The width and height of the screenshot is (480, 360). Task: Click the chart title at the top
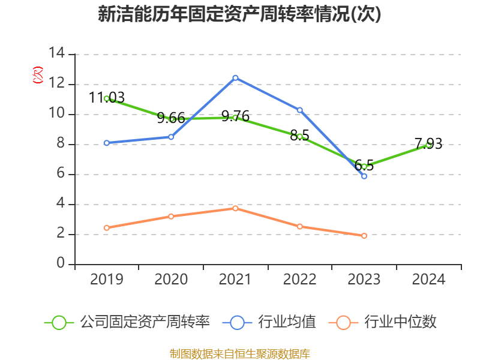coord(239,14)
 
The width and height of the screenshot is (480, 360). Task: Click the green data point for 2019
coord(106,98)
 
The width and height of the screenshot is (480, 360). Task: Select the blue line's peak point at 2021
coord(235,77)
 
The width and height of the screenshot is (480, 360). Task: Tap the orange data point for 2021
coord(235,208)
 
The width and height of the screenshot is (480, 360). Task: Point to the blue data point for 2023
coord(364,176)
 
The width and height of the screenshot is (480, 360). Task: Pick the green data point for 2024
coord(428,145)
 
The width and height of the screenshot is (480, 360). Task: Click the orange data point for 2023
coord(364,236)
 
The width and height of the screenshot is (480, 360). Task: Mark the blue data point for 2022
coord(299,110)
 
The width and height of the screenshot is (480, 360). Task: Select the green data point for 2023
coord(364,166)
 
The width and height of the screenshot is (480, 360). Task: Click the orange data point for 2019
coord(106,228)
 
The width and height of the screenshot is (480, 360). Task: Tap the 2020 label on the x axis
coord(171,280)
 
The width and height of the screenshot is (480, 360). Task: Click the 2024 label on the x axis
coord(428,280)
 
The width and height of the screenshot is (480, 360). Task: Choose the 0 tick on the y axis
coord(61,264)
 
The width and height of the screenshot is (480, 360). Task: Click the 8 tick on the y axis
coord(61,144)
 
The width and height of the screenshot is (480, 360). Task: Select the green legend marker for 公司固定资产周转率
coord(59,322)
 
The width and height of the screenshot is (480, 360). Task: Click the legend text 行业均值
coord(287,322)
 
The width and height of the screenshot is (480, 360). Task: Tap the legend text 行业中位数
coord(400,322)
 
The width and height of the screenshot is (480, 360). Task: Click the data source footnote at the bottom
coord(239,353)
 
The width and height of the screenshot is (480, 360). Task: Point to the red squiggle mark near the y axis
coord(38,75)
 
